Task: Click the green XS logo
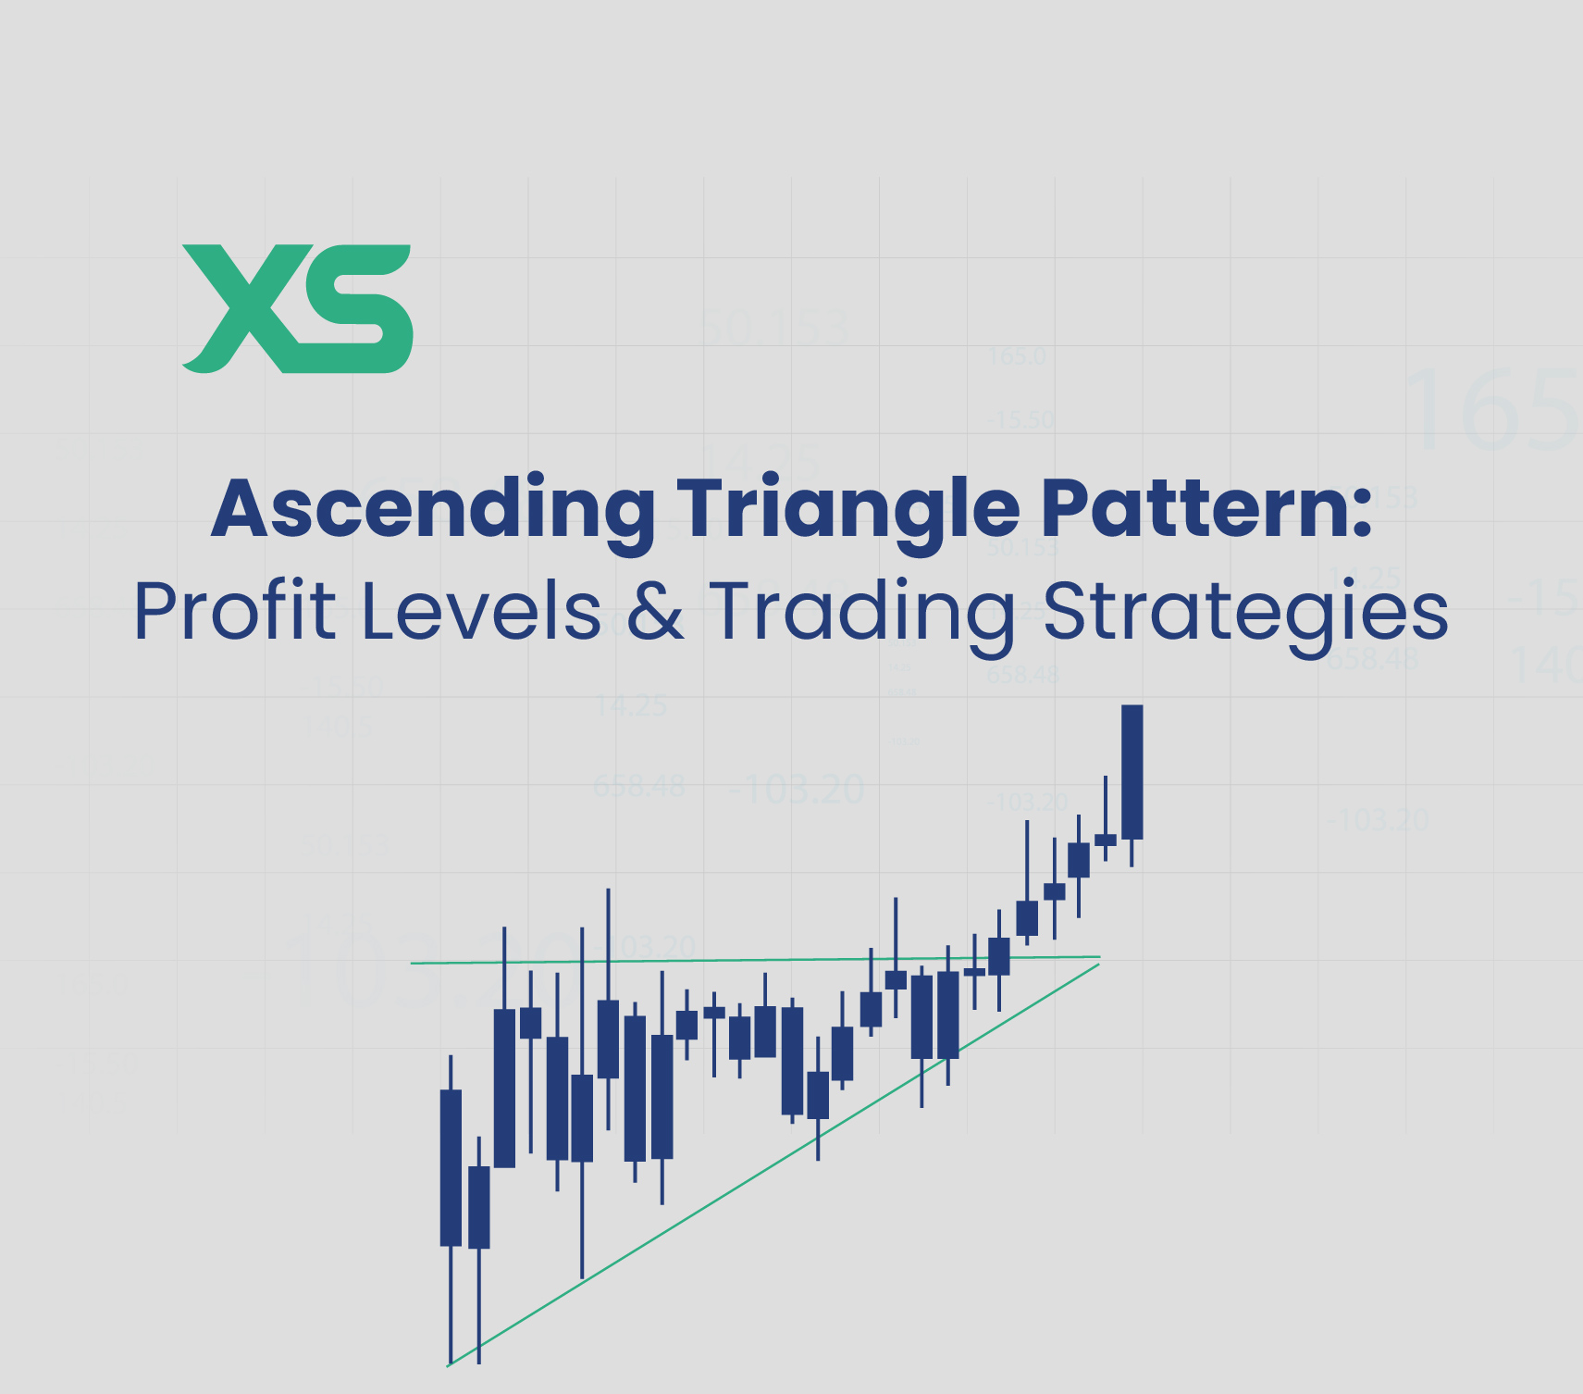pyautogui.click(x=296, y=308)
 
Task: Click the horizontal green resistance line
pyautogui.click(x=740, y=960)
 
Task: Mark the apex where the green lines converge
pyautogui.click(x=1099, y=959)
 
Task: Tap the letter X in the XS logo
pyautogui.click(x=242, y=308)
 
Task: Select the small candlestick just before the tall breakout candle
pyautogui.click(x=1105, y=840)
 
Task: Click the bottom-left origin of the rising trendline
pyautogui.click(x=448, y=1365)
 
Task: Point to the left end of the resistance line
pyautogui.click(x=413, y=963)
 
